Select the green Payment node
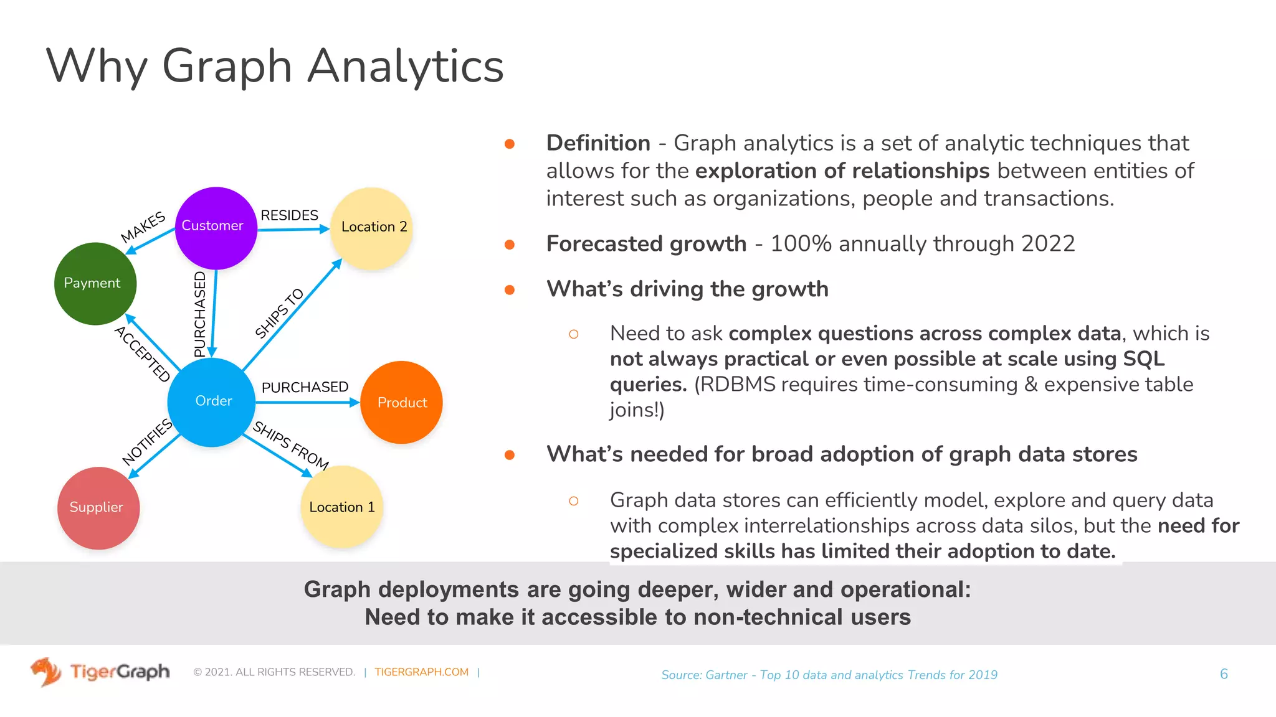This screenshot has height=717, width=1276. pos(95,284)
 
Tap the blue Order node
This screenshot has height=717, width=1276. pos(212,402)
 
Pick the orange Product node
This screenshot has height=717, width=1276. pos(401,402)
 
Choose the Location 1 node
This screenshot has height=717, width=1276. pos(341,507)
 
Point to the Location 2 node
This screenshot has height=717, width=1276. pos(372,228)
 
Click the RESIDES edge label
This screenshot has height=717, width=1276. pos(289,215)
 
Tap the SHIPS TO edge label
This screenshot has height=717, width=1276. pos(279,312)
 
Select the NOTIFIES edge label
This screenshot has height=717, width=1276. pos(147,442)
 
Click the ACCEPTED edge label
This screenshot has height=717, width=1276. pos(143,354)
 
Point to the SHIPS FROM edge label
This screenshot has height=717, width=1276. pos(290,444)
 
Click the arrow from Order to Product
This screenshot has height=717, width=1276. pos(305,403)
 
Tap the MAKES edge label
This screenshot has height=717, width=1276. pos(143,227)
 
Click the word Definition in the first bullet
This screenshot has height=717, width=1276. pos(598,143)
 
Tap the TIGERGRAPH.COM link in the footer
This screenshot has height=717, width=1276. pos(421,672)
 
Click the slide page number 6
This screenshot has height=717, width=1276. pos(1224,674)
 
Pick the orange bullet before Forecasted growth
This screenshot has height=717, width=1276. pos(509,245)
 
